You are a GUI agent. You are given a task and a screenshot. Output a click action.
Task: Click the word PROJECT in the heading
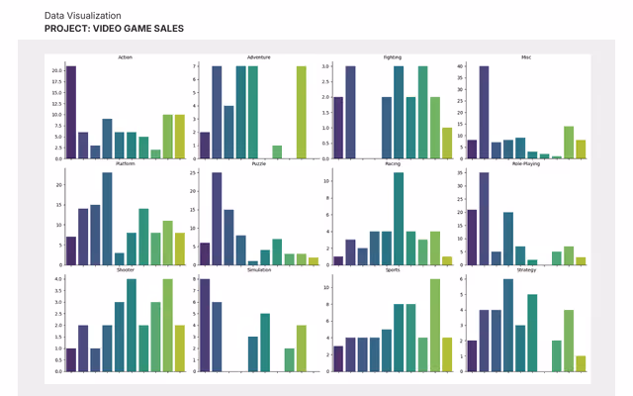[x=65, y=29]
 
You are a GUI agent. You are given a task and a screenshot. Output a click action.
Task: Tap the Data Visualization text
[x=83, y=16]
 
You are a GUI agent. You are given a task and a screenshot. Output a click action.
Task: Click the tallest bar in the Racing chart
[x=399, y=219]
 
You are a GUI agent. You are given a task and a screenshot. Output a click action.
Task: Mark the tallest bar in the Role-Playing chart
[x=484, y=219]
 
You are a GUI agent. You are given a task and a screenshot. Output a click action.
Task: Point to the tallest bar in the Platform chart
[x=107, y=219]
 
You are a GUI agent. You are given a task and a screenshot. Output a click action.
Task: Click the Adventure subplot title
[x=258, y=58]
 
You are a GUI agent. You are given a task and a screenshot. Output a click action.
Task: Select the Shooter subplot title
[x=125, y=269]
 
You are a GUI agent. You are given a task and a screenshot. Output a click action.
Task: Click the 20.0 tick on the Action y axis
[x=57, y=70]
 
